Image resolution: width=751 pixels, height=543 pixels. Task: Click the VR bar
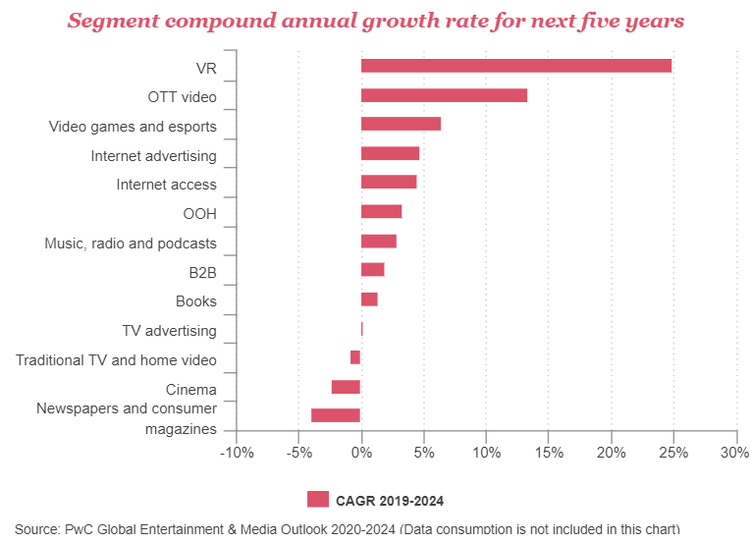point(516,66)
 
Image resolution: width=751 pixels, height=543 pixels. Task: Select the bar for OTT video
point(444,95)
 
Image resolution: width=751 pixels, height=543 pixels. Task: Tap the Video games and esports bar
point(401,124)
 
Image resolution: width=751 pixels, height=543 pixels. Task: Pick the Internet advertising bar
point(390,153)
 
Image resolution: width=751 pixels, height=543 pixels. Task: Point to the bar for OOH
point(381,211)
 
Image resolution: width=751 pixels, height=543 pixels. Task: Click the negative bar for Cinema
point(347,387)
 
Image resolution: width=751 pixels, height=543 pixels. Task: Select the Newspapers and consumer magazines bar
point(336,415)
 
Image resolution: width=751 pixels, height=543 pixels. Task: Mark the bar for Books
point(369,299)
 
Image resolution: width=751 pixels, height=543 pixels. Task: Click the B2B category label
point(202,272)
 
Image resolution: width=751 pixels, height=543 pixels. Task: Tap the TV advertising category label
point(169,331)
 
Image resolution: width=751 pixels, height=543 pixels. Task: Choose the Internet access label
point(166,185)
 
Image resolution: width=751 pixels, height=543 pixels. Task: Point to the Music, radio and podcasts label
point(131,244)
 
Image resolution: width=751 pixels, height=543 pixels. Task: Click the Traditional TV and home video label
point(116,360)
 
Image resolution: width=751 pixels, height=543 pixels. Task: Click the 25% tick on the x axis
point(673,452)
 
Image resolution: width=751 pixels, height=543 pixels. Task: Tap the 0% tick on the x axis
point(361,452)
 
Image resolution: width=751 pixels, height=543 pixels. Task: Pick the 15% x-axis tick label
point(549,452)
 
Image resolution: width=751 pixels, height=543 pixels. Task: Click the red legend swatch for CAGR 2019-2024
point(318,500)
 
